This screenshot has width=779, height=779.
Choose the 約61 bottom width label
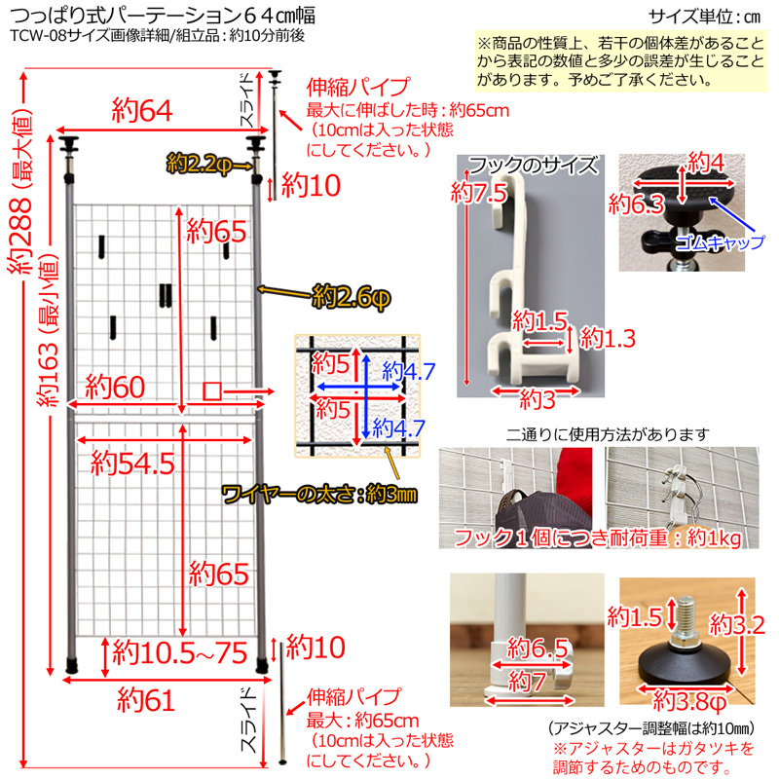click(145, 698)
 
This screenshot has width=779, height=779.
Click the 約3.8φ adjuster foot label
click(687, 699)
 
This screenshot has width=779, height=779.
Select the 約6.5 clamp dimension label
click(540, 648)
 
